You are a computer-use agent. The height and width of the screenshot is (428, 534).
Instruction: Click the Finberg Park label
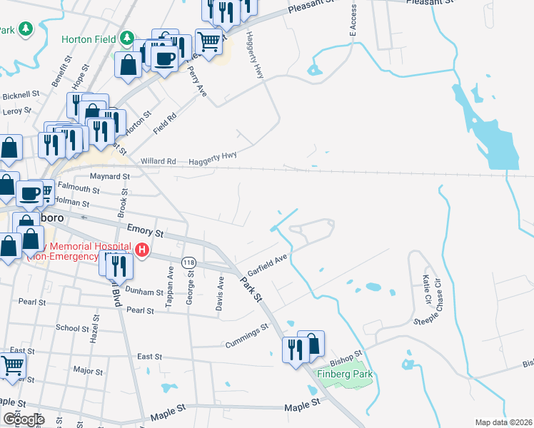point(346,374)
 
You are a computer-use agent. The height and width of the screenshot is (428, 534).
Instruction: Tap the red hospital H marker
point(142,250)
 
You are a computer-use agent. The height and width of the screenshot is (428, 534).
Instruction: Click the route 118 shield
point(188,263)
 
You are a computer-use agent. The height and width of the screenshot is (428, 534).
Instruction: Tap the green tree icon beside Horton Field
point(126,37)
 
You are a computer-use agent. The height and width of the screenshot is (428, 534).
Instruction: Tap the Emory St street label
point(145,230)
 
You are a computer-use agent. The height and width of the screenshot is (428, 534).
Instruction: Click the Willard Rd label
point(158,161)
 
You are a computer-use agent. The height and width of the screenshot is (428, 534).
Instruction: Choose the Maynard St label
point(110,175)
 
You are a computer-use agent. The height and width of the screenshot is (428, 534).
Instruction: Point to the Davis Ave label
point(221,294)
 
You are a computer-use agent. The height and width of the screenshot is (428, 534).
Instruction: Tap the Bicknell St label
point(21,95)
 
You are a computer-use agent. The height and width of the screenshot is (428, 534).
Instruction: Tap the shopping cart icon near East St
point(13,366)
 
